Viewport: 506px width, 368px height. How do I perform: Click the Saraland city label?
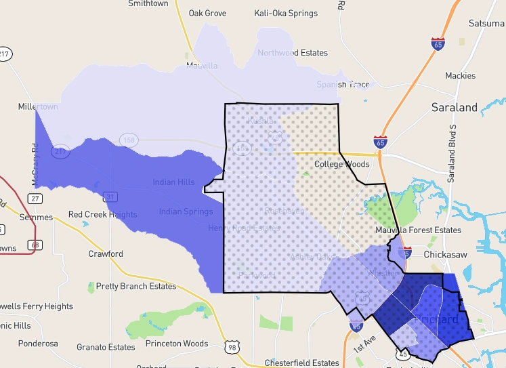pos(455,107)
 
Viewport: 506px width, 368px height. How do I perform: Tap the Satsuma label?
pos(486,24)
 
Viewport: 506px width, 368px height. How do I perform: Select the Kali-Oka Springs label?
pos(285,13)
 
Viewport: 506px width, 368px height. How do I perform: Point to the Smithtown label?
pos(148,3)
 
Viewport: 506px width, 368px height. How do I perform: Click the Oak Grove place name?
pos(207,13)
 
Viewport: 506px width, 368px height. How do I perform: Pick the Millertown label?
pos(38,107)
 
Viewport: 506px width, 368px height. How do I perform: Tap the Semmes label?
pos(36,218)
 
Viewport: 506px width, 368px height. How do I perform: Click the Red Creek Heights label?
pos(103,215)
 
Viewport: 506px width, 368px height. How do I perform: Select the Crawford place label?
pos(106,254)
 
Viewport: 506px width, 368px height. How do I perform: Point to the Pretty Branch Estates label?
pos(136,287)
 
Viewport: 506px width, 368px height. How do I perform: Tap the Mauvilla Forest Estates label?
pos(419,230)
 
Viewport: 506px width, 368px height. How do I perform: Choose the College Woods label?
pos(342,164)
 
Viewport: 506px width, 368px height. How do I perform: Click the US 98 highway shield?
pos(232,348)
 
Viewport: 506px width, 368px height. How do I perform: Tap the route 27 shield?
pos(35,198)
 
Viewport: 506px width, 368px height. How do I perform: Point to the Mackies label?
pos(460,76)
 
